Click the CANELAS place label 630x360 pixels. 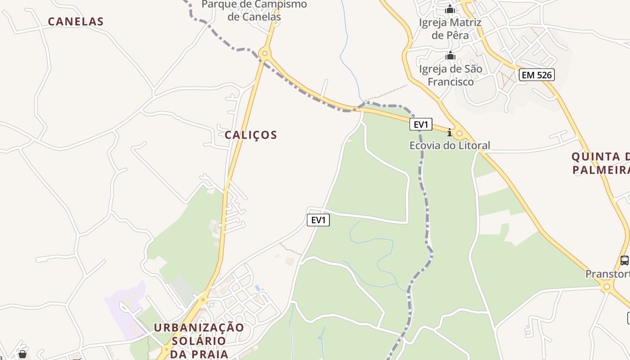pyautogui.click(x=76, y=22)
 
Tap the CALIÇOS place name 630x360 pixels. pyautogui.click(x=251, y=135)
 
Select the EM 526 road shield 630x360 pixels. pyautogui.click(x=536, y=75)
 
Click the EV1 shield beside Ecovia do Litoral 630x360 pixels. pyautogui.click(x=421, y=124)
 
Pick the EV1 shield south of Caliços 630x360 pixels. pyautogui.click(x=318, y=220)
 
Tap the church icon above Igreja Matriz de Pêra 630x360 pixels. pyautogui.click(x=450, y=9)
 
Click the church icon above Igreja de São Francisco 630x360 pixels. pyautogui.click(x=450, y=56)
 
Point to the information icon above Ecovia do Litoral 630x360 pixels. pyautogui.click(x=449, y=132)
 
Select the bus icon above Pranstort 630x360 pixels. pyautogui.click(x=625, y=260)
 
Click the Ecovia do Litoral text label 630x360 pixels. pyautogui.click(x=450, y=145)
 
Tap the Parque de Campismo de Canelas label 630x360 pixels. pyautogui.click(x=254, y=11)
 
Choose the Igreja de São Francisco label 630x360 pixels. pyautogui.click(x=450, y=75)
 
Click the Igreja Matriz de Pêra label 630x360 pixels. pyautogui.click(x=450, y=29)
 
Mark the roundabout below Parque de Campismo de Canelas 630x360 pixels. pyautogui.click(x=265, y=54)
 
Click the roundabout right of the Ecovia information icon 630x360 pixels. pyautogui.click(x=459, y=134)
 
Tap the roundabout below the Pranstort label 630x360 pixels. pyautogui.click(x=607, y=286)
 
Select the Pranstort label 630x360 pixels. pyautogui.click(x=607, y=274)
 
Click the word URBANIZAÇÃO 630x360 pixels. pyautogui.click(x=199, y=328)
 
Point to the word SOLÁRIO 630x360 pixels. pyautogui.click(x=198, y=341)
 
